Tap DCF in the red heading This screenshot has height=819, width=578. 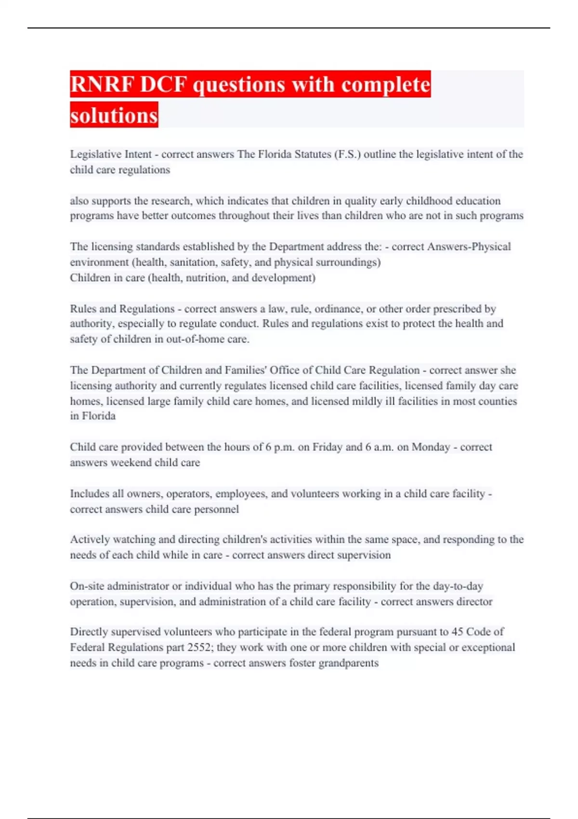163,85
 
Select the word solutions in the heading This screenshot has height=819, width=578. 114,116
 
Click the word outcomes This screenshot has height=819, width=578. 192,216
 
